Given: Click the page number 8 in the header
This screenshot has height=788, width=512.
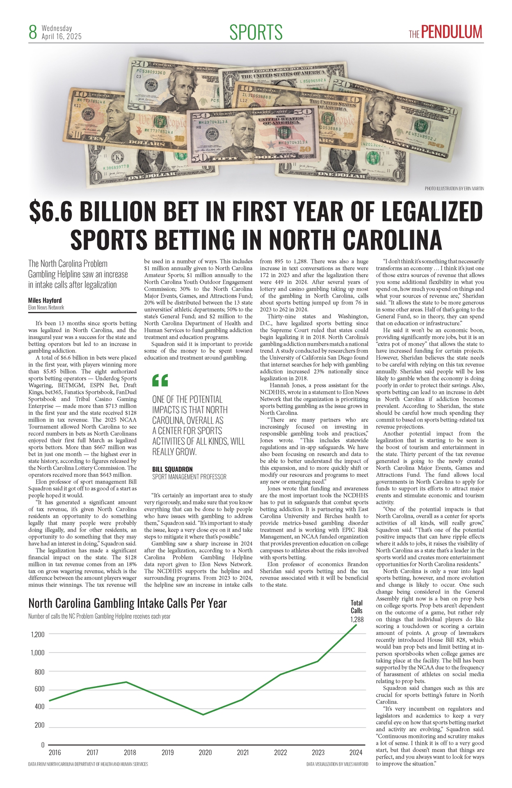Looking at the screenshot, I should coord(33,32).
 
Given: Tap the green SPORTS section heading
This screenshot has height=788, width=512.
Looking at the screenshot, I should coord(256,32).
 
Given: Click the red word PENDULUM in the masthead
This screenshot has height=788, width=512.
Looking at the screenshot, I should coord(452,32).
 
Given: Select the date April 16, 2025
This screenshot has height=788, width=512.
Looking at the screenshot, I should coord(62,37).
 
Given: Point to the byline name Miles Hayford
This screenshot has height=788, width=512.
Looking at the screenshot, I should coord(45,300).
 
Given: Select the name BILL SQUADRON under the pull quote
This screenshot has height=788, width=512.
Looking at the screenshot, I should coord(172,469).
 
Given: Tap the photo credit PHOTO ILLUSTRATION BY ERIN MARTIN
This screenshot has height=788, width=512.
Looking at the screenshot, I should coord(454,189).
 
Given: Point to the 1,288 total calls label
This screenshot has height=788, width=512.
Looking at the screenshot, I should coord(357,619).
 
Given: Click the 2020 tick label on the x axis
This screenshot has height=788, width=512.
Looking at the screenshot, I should coord(205,752).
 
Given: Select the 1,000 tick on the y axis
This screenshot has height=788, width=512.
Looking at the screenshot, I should coord(38,653).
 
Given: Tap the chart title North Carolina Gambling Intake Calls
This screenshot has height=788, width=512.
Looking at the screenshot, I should coord(127,603).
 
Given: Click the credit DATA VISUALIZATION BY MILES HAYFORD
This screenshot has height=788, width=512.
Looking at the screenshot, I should coord(337,764).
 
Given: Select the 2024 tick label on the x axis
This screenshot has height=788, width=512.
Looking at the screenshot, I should coord(356,752).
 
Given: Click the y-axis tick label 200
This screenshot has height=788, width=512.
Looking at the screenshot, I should coord(39,725).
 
